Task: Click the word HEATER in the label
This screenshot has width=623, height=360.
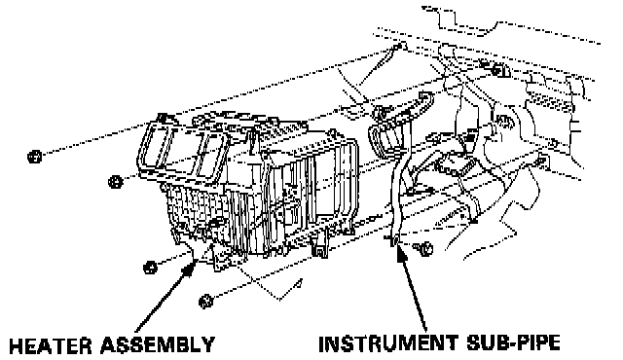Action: [x=50, y=344]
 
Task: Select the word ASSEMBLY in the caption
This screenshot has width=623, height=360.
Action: [x=158, y=344]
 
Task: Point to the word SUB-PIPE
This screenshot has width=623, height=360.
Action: [x=513, y=343]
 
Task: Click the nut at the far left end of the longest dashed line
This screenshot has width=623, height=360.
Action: [x=35, y=157]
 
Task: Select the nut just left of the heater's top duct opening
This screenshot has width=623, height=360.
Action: [x=115, y=182]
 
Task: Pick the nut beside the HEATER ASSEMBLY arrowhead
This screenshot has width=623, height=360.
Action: [x=150, y=268]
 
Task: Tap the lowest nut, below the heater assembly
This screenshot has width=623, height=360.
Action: [x=205, y=302]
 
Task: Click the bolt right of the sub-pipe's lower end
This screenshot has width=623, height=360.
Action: [x=424, y=249]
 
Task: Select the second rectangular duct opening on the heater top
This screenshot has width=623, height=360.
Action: [x=210, y=155]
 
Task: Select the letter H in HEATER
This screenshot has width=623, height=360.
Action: [x=16, y=345]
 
